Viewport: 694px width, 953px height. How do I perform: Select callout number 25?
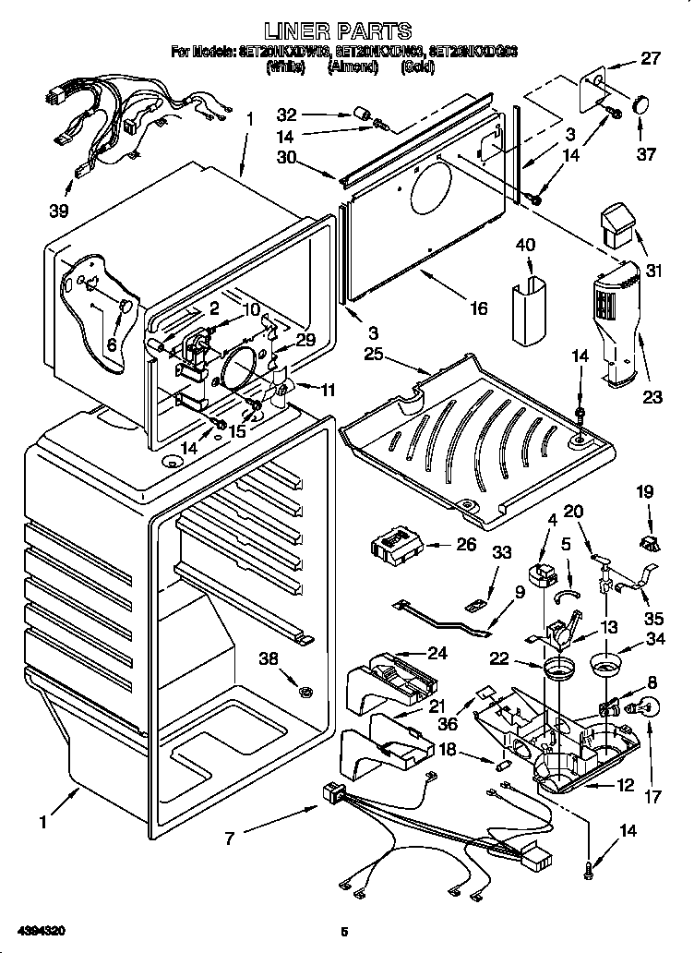[374, 354]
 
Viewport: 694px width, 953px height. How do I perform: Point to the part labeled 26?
[396, 546]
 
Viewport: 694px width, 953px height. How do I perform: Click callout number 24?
[437, 652]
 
